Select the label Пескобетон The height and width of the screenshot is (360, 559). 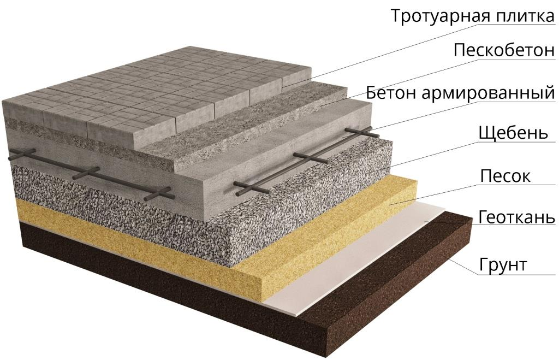coord(504,50)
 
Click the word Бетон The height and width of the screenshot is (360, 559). coord(391,93)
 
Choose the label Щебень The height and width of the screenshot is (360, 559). coord(513,133)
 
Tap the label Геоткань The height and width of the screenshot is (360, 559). coord(516,216)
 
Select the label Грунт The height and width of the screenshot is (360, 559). coord(503,265)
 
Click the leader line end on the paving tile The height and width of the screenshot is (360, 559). coord(283,87)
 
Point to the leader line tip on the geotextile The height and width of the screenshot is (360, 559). coord(425,221)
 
